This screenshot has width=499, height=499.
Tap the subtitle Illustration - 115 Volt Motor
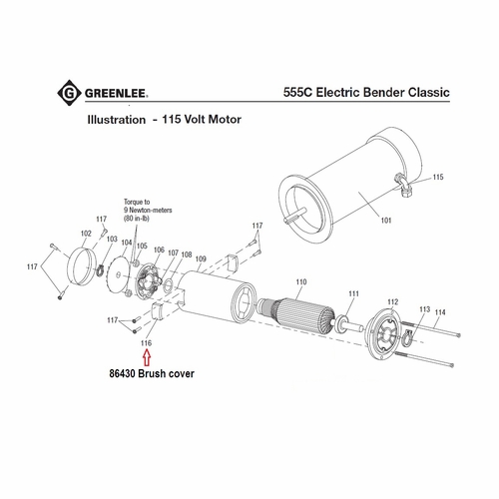click(168, 119)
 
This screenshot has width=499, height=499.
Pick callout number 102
click(85, 234)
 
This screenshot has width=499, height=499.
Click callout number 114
click(440, 312)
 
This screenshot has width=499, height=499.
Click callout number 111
click(352, 293)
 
